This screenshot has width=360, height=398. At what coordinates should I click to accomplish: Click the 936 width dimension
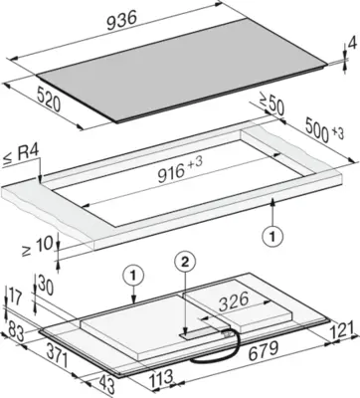point(121,21)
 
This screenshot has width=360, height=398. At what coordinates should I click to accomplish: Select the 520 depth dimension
point(49,99)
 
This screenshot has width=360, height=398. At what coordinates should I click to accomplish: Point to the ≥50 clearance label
point(271,105)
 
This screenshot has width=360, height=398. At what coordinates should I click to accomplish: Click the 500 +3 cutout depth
point(322,130)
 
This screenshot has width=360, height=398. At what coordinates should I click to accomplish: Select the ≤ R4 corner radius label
point(21,156)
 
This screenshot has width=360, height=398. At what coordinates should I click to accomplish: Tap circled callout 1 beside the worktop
point(272,236)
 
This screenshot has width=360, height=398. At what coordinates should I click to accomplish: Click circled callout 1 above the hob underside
point(133,275)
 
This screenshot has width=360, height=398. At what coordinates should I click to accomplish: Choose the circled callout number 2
point(185,262)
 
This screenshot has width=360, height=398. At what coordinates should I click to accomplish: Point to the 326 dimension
point(235,300)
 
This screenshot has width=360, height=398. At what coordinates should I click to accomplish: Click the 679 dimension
point(264,351)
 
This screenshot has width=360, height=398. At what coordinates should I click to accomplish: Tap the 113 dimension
point(161,377)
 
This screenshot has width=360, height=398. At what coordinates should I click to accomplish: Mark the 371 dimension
point(56,354)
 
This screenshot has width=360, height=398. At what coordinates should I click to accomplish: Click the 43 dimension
point(106,384)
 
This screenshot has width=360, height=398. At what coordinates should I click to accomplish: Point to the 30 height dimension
point(46,286)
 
